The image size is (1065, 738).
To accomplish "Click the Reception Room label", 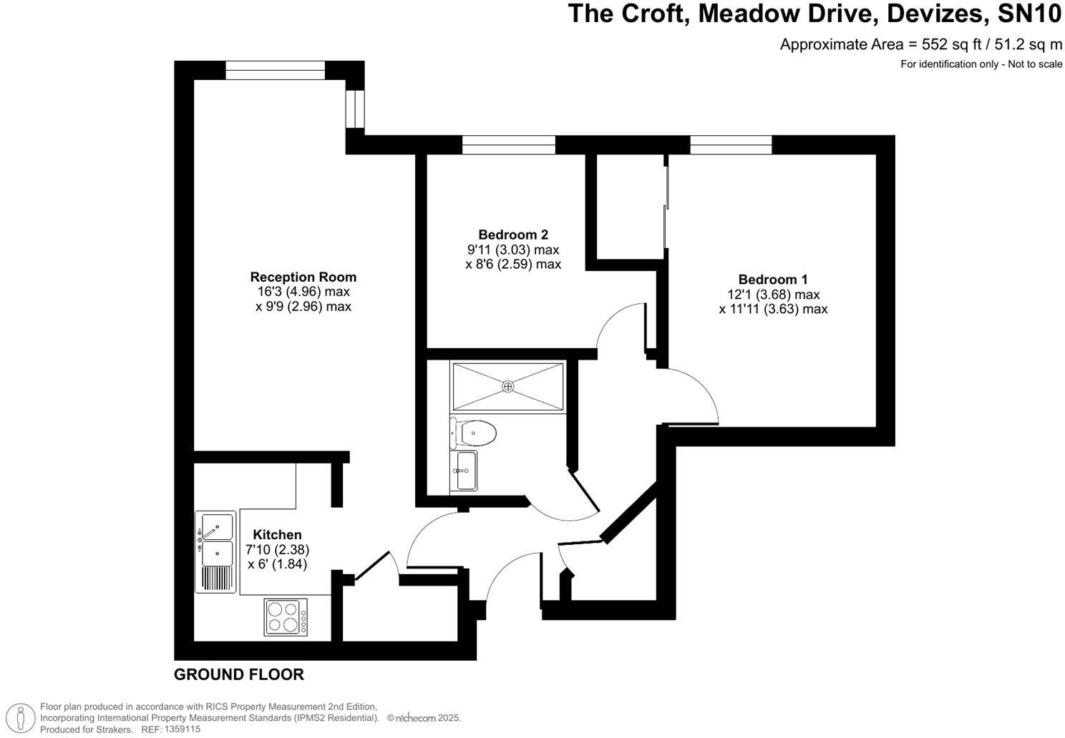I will (303, 277).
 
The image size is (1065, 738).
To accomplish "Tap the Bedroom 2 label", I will (512, 235).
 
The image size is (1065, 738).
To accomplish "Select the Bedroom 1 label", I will (773, 280).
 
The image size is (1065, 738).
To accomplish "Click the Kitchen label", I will (277, 534).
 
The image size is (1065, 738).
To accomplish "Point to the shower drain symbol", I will (507, 386).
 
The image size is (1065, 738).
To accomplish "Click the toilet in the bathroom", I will (475, 433).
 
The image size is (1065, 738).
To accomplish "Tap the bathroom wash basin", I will (464, 471).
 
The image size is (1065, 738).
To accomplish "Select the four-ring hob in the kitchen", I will (286, 616).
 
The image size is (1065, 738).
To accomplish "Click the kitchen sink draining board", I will (215, 578).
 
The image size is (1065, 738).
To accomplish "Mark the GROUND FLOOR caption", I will (239, 674).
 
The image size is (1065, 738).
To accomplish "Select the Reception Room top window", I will (275, 70).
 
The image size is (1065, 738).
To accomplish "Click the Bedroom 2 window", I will (508, 144).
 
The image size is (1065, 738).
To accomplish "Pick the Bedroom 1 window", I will (731, 144).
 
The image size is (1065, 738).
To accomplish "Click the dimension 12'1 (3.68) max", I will (773, 295).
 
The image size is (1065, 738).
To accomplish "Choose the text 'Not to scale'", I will (1035, 64).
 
